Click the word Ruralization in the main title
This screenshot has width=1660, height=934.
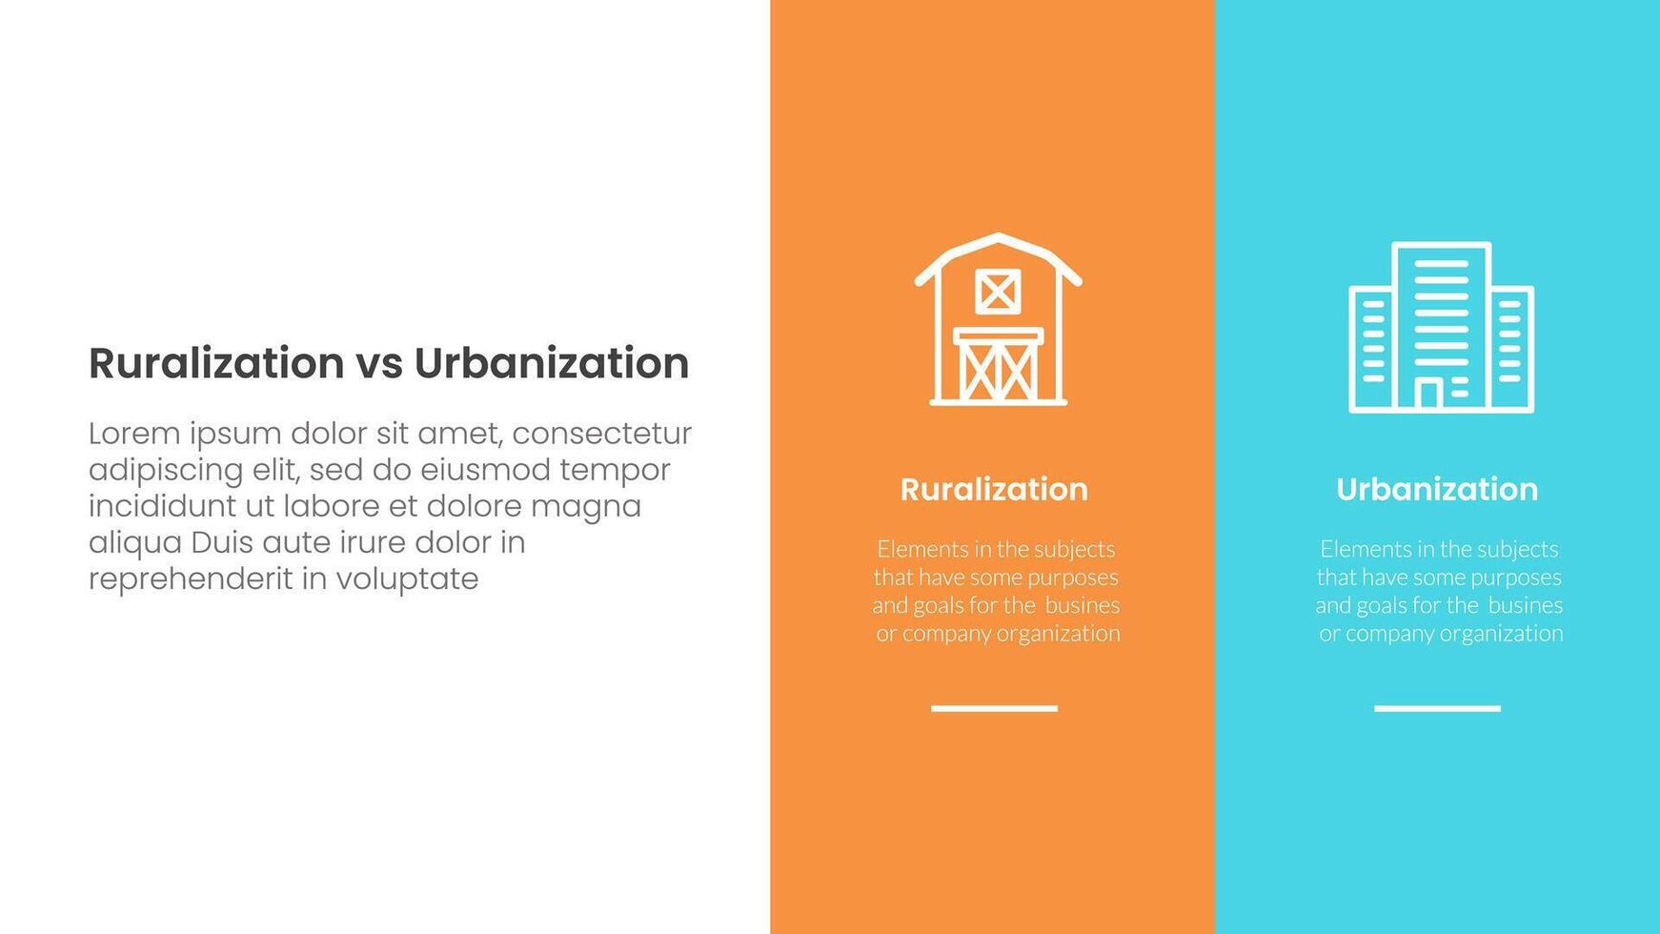pyautogui.click(x=216, y=363)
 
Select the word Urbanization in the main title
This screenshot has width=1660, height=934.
pyautogui.click(x=551, y=363)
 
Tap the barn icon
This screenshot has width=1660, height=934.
pyautogui.click(x=998, y=319)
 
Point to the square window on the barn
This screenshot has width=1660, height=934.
pyautogui.click(x=998, y=292)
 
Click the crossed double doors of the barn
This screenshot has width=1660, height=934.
pyautogui.click(x=998, y=365)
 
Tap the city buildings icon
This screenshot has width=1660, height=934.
pyautogui.click(x=1441, y=327)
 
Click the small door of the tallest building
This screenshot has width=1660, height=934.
pyautogui.click(x=1427, y=394)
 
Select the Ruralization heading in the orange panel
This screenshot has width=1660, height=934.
pyautogui.click(x=994, y=489)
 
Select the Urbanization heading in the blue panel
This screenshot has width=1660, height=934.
pyautogui.click(x=1437, y=489)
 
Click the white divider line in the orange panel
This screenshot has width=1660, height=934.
pyautogui.click(x=994, y=708)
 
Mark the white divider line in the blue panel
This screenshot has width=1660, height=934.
pyautogui.click(x=1437, y=708)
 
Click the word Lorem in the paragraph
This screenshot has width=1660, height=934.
pyautogui.click(x=134, y=434)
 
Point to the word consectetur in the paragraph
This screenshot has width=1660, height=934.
pyautogui.click(x=602, y=435)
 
